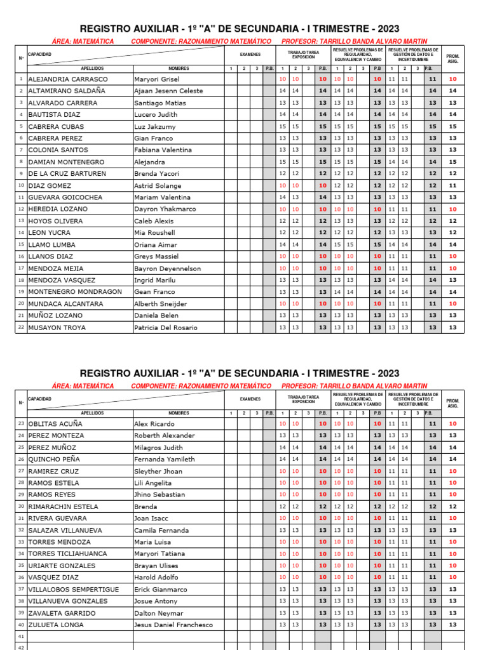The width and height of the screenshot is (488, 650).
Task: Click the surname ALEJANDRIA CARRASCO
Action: pos(68,79)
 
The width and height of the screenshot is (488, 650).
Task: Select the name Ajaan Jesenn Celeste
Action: pos(168,91)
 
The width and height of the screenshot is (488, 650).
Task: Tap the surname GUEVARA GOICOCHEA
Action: pos(65,197)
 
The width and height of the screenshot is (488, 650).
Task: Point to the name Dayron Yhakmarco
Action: pos(164,209)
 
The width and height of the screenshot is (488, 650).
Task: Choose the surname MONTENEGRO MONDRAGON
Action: pos(75,292)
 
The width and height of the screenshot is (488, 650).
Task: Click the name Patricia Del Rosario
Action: pos(165,328)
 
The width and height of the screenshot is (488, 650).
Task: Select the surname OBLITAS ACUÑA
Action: pos(57,423)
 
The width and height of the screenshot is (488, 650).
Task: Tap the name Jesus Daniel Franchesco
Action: pos(173,625)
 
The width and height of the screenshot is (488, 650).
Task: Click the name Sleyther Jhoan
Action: pos(158,471)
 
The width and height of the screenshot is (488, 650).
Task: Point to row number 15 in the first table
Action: pos(21,244)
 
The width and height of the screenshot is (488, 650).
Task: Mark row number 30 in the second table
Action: pos(21,507)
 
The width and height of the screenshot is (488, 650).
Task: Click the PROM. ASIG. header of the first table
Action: pos(452,58)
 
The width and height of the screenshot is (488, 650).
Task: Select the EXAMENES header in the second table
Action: pos(250,399)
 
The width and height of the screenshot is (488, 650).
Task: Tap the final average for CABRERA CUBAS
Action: pos(452,126)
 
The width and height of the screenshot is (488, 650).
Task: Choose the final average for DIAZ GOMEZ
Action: pos(452,185)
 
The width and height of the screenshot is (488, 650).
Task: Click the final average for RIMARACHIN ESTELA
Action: pos(452,507)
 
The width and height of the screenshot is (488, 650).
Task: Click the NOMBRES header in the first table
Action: pos(179,68)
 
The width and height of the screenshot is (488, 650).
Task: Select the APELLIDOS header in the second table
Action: pos(92,413)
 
